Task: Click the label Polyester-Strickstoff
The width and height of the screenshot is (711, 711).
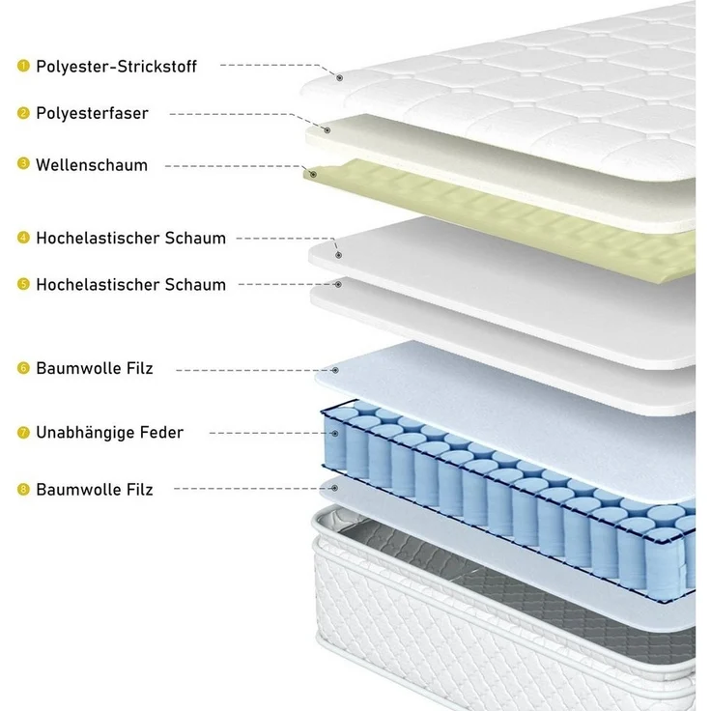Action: pyautogui.click(x=116, y=67)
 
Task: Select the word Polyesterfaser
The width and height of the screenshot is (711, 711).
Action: pyautogui.click(x=92, y=113)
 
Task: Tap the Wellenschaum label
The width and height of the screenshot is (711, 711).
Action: pyautogui.click(x=92, y=165)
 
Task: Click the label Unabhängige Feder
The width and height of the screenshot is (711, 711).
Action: pyautogui.click(x=110, y=433)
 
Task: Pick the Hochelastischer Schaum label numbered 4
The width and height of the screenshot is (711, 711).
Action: pyautogui.click(x=130, y=238)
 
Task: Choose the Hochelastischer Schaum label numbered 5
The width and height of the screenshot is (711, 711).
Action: pyautogui.click(x=130, y=285)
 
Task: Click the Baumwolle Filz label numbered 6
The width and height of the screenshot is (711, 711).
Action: pyautogui.click(x=95, y=368)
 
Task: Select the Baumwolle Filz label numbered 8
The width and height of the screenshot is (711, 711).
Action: pyautogui.click(x=95, y=490)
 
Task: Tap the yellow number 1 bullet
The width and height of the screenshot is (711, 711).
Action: pyautogui.click(x=23, y=66)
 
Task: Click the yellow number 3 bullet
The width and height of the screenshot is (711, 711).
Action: pyautogui.click(x=23, y=163)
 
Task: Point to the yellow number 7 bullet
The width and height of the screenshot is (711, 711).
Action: pyautogui.click(x=23, y=433)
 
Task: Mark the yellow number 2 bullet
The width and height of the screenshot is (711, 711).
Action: pyautogui.click(x=23, y=113)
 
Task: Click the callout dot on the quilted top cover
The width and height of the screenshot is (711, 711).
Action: pyautogui.click(x=340, y=78)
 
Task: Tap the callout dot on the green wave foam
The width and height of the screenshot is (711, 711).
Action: pyautogui.click(x=313, y=174)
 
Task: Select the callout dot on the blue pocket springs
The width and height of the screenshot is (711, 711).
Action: pyautogui.click(x=335, y=434)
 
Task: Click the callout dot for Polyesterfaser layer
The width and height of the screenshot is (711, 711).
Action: pyautogui.click(x=327, y=130)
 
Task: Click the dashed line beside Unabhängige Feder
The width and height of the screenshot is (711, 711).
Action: pyautogui.click(x=270, y=433)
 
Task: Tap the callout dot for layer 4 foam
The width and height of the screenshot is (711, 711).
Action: pyautogui.click(x=338, y=255)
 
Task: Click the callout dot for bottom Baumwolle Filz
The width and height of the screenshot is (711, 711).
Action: pyautogui.click(x=334, y=489)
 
